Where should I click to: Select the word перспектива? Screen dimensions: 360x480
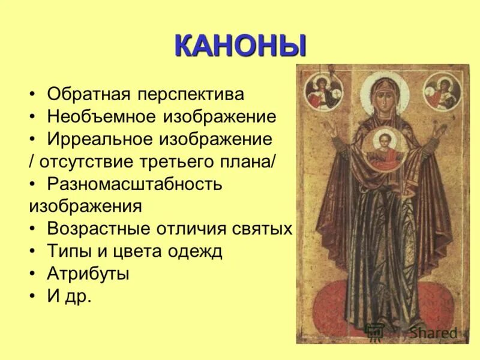(x=191, y=95)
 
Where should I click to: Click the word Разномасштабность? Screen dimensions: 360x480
(x=134, y=184)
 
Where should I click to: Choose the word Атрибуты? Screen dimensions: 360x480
(x=88, y=274)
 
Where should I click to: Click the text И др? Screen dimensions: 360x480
(x=69, y=296)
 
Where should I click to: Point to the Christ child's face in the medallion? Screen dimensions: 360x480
(x=383, y=141)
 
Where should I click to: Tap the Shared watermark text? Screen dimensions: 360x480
(x=434, y=332)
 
